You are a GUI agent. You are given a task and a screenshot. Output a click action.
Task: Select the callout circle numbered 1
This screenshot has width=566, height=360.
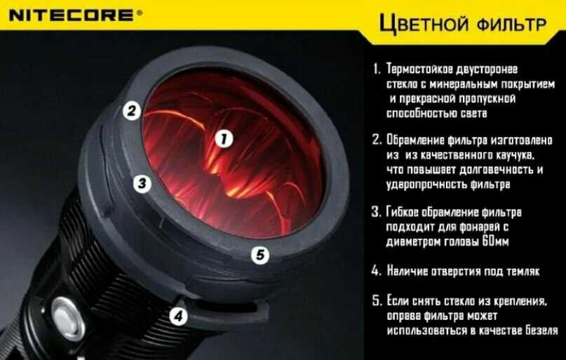click(224, 139)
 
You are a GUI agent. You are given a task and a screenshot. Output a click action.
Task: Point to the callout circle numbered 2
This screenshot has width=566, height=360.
click(131, 110)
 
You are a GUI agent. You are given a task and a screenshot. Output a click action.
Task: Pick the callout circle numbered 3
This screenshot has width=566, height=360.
click(142, 183)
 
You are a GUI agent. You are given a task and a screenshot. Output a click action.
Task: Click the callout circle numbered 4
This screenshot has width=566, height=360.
click(179, 316)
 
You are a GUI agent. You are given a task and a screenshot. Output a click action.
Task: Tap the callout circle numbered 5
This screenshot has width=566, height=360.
click(260, 255)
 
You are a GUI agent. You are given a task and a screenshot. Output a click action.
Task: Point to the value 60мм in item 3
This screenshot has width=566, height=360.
click(495, 241)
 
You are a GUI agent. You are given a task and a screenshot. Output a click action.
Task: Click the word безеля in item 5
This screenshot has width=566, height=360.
click(542, 331)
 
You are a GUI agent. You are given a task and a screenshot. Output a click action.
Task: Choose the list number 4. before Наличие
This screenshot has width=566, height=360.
click(376, 271)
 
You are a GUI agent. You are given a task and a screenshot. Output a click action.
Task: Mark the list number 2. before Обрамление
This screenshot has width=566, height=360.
click(377, 140)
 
